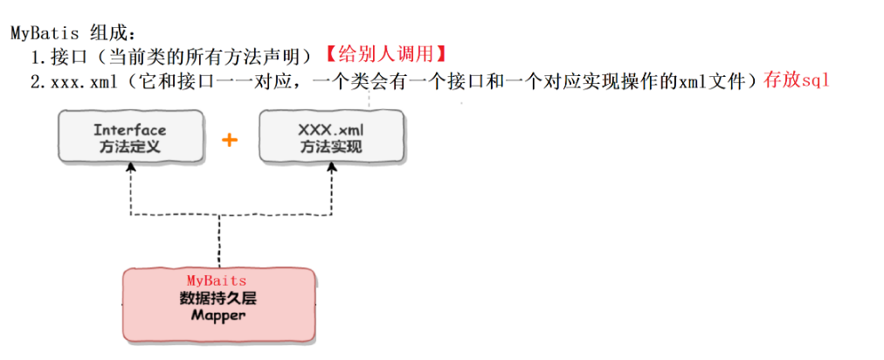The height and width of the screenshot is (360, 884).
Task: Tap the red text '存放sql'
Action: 796,80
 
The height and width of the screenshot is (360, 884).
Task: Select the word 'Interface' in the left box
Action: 130,129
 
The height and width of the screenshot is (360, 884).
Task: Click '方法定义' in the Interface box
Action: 130,147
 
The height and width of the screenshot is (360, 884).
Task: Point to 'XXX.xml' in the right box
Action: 332,129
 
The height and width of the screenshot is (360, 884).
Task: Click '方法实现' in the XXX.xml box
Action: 332,147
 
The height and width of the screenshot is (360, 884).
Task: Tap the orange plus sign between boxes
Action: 230,139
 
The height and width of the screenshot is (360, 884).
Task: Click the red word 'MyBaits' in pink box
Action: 218,280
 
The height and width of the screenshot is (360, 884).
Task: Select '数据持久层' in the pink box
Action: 218,297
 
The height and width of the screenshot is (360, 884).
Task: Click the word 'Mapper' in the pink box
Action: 218,315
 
